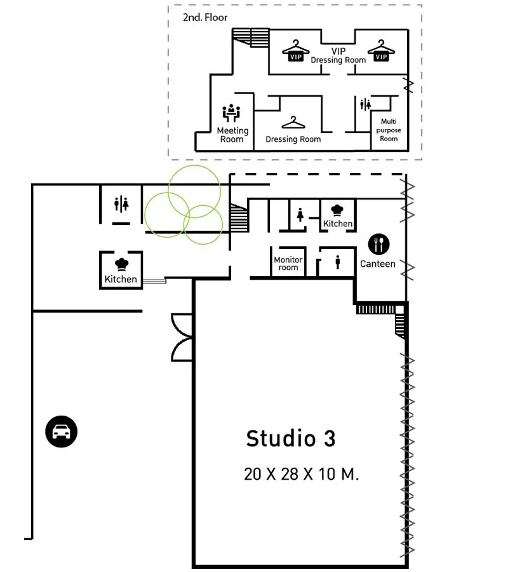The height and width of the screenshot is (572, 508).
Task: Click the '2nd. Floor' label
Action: point(205,18)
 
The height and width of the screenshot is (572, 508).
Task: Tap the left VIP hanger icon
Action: point(295,51)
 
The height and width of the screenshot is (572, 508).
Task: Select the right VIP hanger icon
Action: point(380,51)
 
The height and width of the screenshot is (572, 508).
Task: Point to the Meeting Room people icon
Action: point(232,113)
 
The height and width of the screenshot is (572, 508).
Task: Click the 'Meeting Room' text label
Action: point(232,135)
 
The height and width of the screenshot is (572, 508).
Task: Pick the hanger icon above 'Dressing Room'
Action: point(293,123)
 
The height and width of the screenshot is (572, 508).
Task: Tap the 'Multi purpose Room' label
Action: point(389,130)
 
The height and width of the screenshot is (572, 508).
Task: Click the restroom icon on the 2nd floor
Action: point(365,105)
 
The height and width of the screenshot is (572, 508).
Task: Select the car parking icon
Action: point(61,432)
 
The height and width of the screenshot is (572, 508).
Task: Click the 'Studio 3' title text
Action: point(290,439)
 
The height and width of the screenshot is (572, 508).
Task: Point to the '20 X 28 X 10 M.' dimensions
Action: point(301,474)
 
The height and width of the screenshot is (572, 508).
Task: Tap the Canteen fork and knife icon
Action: point(379,244)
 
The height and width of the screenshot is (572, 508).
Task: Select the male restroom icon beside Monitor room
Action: point(337,262)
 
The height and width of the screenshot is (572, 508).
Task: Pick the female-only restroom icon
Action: point(300,215)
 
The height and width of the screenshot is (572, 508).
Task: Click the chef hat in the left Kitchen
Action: point(121,264)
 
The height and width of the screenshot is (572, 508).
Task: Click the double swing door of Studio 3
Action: point(182,337)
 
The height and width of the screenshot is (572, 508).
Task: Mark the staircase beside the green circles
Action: point(238,218)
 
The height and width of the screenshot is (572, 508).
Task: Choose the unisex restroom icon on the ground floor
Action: point(121,204)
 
